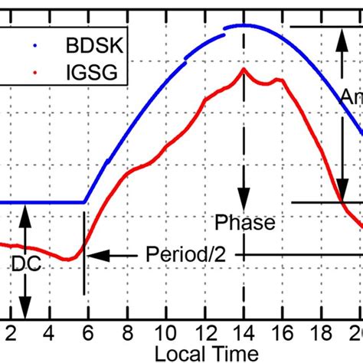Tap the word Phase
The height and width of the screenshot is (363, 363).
244,223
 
